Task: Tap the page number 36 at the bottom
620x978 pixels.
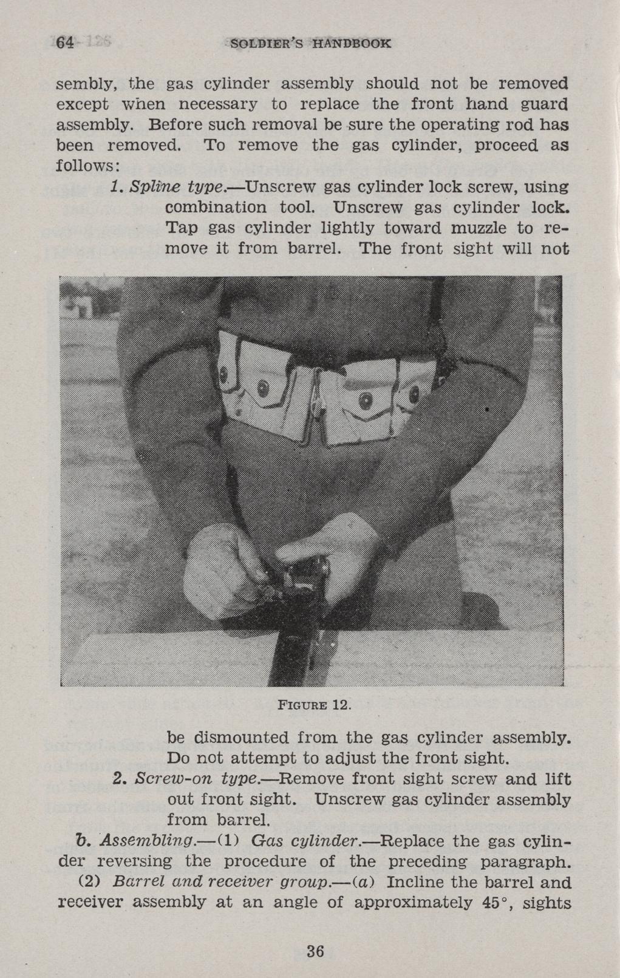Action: click(x=315, y=951)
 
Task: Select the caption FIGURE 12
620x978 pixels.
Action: click(x=313, y=705)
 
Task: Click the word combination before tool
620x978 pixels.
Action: click(x=217, y=208)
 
